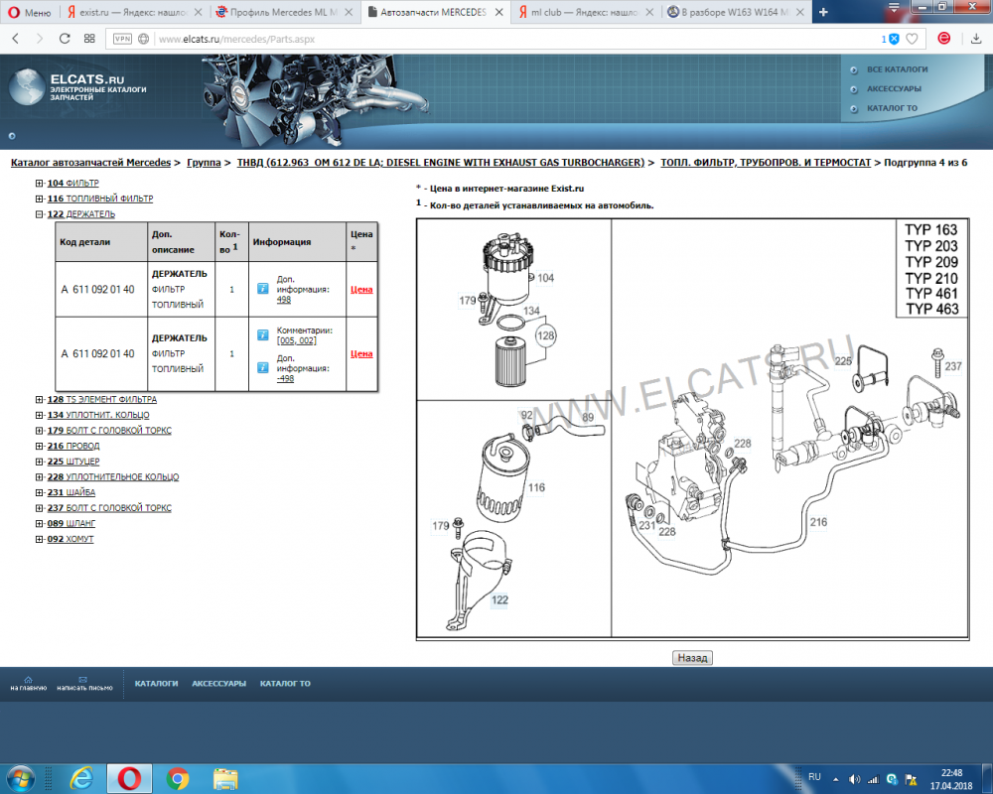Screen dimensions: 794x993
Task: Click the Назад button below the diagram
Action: coord(692,657)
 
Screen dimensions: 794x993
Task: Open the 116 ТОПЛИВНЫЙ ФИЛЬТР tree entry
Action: coord(99,198)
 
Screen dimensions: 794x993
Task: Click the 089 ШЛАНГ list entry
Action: coord(71,523)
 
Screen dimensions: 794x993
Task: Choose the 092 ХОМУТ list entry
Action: coord(71,539)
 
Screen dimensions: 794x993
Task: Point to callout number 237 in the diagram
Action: coord(952,366)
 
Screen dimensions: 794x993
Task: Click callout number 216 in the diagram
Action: coord(817,521)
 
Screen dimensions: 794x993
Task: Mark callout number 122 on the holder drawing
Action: coord(499,599)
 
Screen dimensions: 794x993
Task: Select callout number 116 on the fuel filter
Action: coord(536,487)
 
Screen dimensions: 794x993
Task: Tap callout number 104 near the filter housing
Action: coord(545,279)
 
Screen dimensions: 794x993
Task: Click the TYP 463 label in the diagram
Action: coord(930,309)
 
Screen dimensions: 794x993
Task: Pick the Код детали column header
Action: coord(85,241)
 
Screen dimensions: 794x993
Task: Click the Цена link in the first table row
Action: coord(361,290)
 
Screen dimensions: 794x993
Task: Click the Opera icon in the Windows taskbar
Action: coord(129,777)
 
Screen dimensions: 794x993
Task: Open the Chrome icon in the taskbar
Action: coord(178,777)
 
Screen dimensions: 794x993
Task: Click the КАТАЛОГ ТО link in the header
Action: coord(892,108)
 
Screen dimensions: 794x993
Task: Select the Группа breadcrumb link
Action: coord(204,162)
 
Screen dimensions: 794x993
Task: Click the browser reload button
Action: coord(65,39)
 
